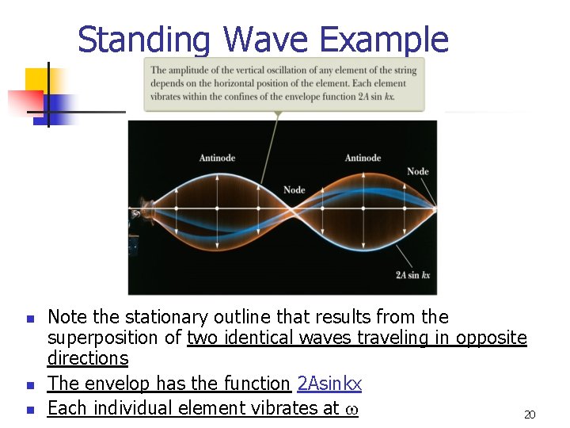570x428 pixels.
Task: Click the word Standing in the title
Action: click(x=144, y=40)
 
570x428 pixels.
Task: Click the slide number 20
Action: click(x=530, y=415)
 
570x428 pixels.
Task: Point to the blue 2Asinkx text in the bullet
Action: click(x=329, y=384)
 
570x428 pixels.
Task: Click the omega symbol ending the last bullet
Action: click(x=351, y=409)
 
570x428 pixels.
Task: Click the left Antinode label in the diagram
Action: click(x=217, y=158)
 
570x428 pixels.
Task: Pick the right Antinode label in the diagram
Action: click(x=363, y=158)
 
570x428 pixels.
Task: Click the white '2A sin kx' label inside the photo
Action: click(x=412, y=275)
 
